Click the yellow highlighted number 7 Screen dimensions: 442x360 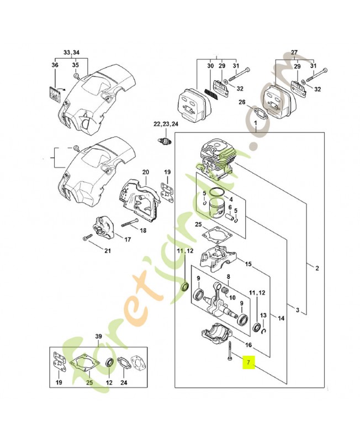pyautogui.click(x=248, y=363)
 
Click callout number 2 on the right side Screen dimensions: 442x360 pyautogui.click(x=317, y=269)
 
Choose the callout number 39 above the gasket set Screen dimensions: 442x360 pyautogui.click(x=98, y=337)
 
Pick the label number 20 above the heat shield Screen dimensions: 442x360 pyautogui.click(x=145, y=172)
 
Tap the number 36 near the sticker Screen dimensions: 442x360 pyautogui.click(x=55, y=65)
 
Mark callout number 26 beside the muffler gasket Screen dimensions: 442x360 pyautogui.click(x=242, y=102)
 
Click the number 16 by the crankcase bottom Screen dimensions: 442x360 pyautogui.click(x=248, y=345)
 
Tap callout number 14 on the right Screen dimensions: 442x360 pyautogui.click(x=281, y=318)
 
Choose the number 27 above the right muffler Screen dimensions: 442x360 pyautogui.click(x=294, y=52)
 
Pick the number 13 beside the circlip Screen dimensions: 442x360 pyautogui.click(x=264, y=315)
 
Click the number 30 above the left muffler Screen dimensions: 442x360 pyautogui.click(x=210, y=66)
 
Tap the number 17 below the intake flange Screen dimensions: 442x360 pyautogui.click(x=127, y=239)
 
